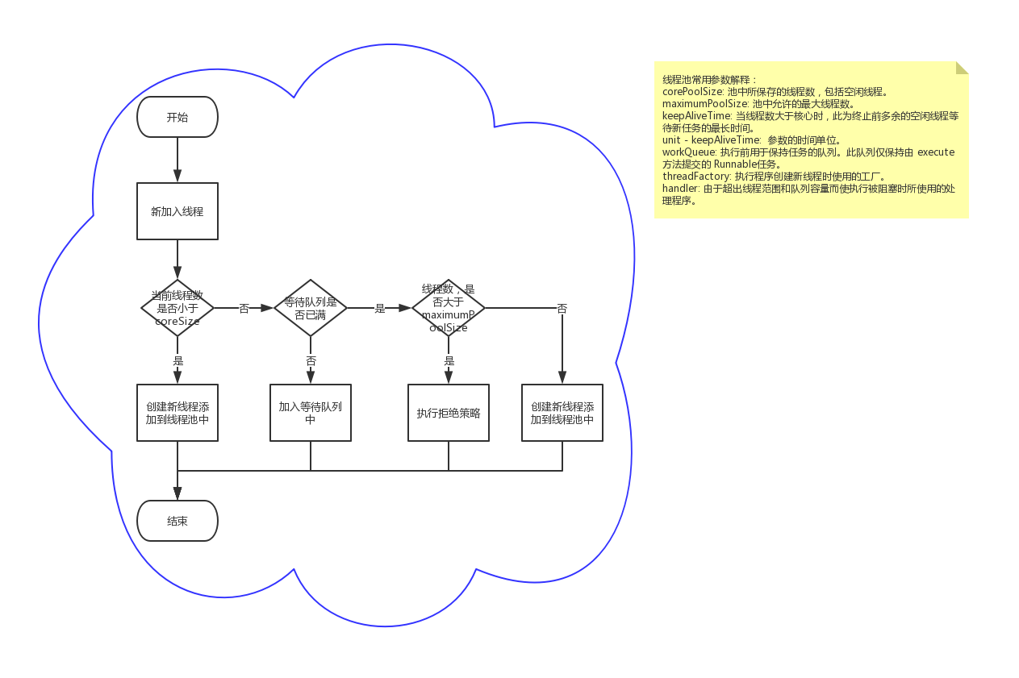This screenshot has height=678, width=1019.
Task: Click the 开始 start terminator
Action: click(x=177, y=117)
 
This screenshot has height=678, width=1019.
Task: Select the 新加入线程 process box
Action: click(x=177, y=211)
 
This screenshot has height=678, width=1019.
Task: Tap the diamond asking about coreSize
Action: click(x=177, y=308)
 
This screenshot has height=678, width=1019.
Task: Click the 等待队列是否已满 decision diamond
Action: click(x=311, y=308)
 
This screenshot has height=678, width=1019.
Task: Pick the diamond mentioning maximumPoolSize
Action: click(x=449, y=308)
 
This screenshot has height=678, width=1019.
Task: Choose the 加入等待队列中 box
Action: click(x=311, y=413)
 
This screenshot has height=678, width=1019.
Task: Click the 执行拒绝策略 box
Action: click(x=449, y=413)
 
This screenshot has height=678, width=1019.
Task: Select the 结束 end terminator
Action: click(x=177, y=521)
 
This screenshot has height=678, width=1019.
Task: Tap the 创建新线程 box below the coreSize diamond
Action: click(x=177, y=413)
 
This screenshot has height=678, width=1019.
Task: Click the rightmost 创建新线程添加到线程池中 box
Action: click(x=562, y=413)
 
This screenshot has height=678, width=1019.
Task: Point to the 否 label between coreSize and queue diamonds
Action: click(x=244, y=309)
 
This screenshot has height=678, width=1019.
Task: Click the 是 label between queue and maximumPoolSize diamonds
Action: click(x=380, y=309)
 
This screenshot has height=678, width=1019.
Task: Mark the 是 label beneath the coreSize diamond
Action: click(x=178, y=361)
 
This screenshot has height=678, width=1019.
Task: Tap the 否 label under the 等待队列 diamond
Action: click(x=311, y=361)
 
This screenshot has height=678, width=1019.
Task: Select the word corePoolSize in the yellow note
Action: click(x=692, y=92)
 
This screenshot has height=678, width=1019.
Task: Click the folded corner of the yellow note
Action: click(x=962, y=68)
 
